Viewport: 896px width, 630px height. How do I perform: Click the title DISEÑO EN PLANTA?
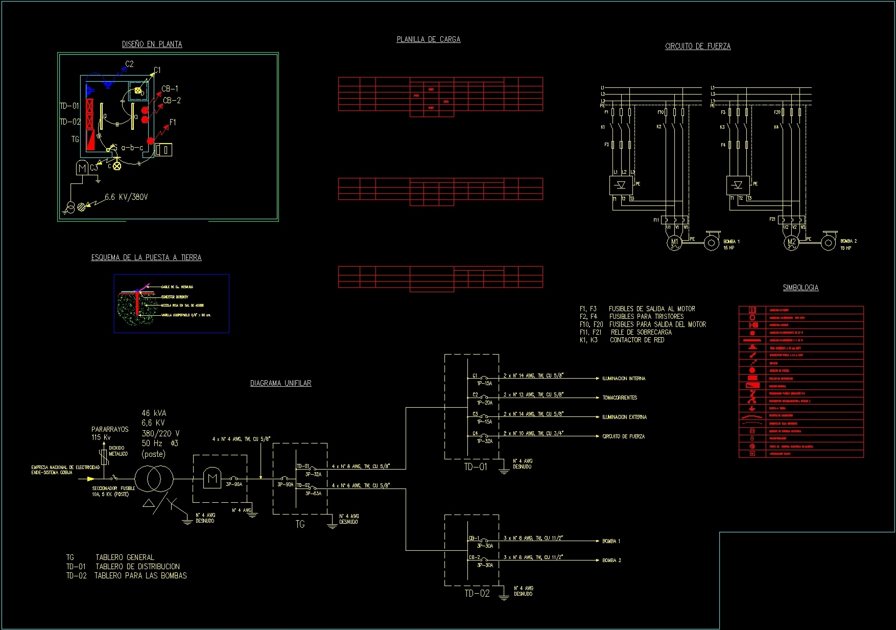point(152,44)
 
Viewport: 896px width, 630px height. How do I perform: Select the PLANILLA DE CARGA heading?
point(428,39)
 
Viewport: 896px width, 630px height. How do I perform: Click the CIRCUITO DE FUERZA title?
point(697,46)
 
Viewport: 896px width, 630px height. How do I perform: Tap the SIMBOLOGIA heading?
point(800,288)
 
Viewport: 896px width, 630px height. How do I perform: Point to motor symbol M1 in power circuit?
point(674,242)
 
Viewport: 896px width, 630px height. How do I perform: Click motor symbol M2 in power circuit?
point(791,242)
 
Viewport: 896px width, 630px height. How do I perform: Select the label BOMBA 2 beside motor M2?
point(848,241)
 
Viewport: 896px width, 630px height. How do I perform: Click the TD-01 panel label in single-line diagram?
point(475,467)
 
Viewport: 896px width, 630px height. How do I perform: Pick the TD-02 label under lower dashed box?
point(477,593)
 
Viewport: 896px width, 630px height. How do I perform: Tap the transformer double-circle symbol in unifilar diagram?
point(154,479)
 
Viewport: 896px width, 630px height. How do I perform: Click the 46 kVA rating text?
point(154,413)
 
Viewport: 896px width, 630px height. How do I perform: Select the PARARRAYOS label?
point(110,429)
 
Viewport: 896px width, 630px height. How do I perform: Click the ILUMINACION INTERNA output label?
point(623,379)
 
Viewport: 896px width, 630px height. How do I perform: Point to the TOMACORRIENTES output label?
point(620,398)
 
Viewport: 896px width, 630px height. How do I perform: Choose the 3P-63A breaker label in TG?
point(313,494)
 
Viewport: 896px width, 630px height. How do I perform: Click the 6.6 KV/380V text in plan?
point(126,197)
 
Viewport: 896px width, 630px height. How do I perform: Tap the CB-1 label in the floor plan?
point(170,89)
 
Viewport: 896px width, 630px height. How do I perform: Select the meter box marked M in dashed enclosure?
point(212,479)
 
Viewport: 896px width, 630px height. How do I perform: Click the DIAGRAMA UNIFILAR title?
point(280,383)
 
